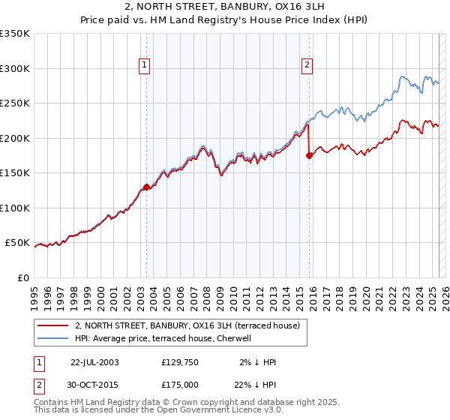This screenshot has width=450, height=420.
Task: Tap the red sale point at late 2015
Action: pyautogui.click(x=309, y=156)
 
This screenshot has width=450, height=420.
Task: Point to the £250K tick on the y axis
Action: pyautogui.click(x=16, y=103)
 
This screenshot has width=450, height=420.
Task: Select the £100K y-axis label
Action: pyautogui.click(x=16, y=208)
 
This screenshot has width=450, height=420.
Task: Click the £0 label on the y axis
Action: pyautogui.click(x=24, y=277)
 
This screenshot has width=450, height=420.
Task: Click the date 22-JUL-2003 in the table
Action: pyautogui.click(x=94, y=362)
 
